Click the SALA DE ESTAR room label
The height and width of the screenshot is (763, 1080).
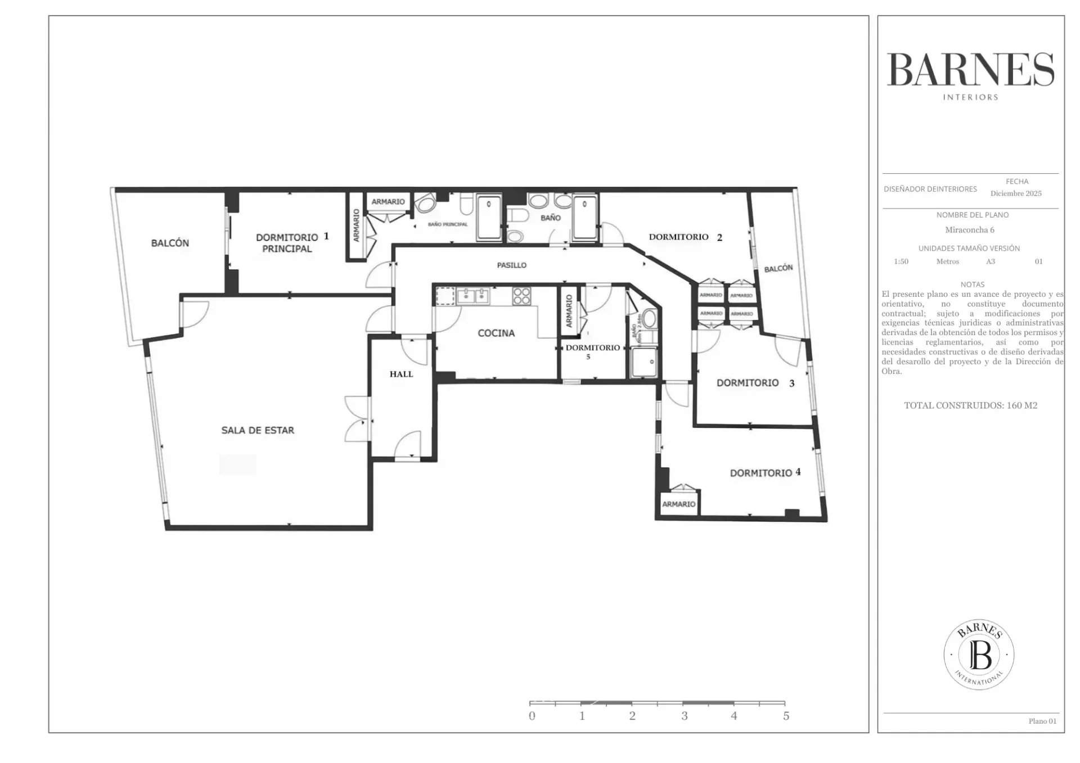point(258,430)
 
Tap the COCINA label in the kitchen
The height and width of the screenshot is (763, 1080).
point(496,333)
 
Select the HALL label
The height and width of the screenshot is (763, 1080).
point(401,374)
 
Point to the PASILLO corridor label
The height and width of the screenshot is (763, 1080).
point(511,265)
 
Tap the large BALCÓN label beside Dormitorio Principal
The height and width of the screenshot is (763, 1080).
point(170,243)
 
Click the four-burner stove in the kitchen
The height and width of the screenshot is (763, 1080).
point(521,296)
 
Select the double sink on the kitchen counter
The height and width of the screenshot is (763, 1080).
point(472,296)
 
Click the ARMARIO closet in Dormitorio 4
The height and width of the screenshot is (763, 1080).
point(678,504)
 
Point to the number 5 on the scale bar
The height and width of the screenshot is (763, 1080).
point(786,716)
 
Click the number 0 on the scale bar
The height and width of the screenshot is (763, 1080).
point(532,716)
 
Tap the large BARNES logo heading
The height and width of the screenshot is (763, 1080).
point(970,70)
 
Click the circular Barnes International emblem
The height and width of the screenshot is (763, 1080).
point(979,654)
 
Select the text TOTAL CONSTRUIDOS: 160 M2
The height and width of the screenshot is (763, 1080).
point(970,405)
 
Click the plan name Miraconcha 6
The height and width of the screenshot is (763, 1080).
point(970,230)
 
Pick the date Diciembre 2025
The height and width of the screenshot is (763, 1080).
point(1016,193)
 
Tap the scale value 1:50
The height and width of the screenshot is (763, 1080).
point(901,261)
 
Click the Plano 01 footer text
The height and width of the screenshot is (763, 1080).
point(1042,721)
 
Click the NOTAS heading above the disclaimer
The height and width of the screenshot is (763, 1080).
point(972,285)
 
